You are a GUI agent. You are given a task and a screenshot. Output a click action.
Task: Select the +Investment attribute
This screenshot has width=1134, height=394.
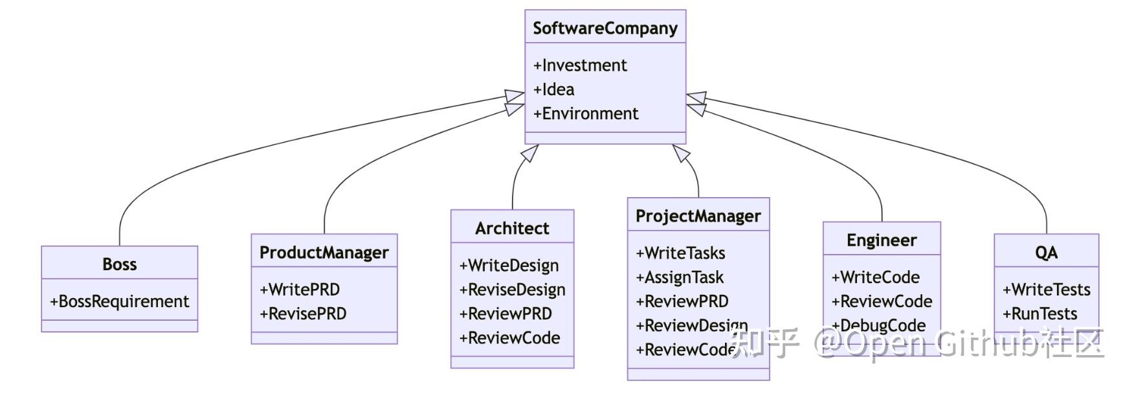point(580,65)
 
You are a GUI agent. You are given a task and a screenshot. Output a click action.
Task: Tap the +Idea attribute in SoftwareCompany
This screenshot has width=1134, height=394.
point(554,89)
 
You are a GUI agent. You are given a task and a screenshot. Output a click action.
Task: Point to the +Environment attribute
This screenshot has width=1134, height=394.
point(586,113)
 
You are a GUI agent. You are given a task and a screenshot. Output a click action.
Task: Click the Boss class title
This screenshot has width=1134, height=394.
point(120,264)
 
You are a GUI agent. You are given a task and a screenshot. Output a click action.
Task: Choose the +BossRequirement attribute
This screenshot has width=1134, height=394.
point(120,301)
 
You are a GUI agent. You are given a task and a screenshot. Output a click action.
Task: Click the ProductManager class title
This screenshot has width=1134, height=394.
point(324,252)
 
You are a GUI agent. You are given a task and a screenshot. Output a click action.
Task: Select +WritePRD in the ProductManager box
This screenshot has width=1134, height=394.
point(300,289)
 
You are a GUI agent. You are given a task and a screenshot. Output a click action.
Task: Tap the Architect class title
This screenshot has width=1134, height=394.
point(512,228)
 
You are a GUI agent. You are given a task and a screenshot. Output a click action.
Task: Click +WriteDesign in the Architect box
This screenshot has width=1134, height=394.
point(509,265)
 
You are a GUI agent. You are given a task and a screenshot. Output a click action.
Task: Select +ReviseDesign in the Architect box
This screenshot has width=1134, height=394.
point(512,290)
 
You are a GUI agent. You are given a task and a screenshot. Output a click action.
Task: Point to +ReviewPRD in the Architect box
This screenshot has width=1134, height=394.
point(506,314)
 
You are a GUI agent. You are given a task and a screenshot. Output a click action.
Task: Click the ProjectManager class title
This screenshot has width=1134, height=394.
point(698,216)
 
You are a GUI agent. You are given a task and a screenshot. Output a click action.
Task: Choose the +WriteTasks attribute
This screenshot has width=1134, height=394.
point(680,253)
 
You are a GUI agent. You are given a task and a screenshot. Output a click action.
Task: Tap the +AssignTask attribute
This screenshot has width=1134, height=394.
point(680,277)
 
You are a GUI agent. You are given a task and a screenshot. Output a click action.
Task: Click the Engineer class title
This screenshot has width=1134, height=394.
point(882,240)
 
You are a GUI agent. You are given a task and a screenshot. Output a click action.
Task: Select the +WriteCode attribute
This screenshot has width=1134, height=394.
point(875,277)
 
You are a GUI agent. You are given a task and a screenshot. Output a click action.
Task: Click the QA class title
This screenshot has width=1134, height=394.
point(1046,253)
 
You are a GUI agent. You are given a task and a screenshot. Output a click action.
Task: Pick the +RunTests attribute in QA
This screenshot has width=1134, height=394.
point(1039,314)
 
